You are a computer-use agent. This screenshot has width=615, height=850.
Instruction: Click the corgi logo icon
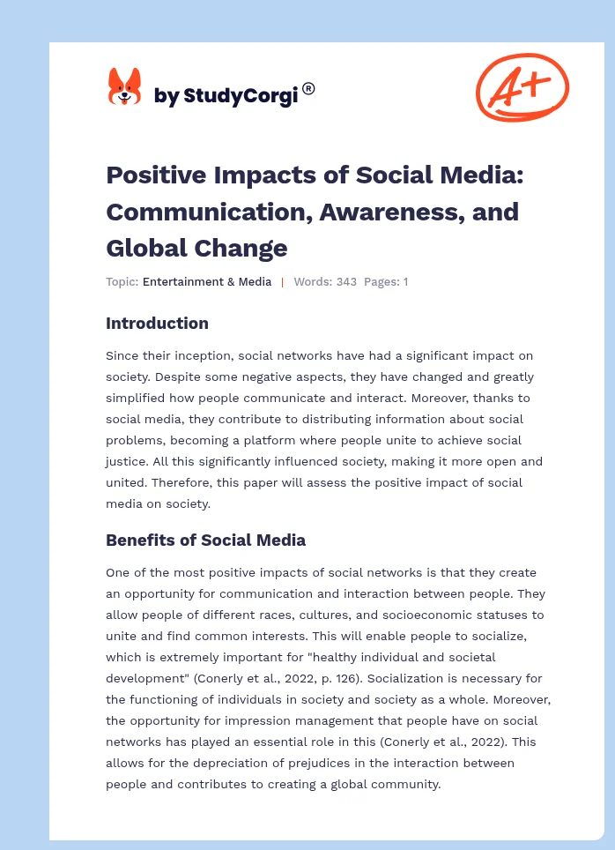click(x=124, y=88)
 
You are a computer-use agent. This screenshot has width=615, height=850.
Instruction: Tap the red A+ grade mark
click(x=522, y=86)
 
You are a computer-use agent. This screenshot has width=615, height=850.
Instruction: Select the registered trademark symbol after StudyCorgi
click(x=308, y=88)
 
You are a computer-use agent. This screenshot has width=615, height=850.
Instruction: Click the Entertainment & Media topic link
click(x=206, y=282)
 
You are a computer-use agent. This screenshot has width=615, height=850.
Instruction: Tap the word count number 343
click(x=346, y=282)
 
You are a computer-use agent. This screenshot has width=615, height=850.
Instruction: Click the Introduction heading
click(x=157, y=324)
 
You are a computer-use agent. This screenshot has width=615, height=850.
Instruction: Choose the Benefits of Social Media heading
click(x=205, y=540)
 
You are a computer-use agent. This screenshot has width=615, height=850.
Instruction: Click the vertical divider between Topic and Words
click(x=282, y=282)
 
